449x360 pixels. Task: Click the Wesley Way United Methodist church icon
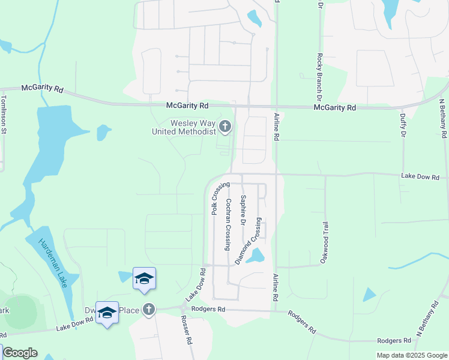(225, 126)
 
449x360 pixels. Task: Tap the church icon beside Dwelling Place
(149, 310)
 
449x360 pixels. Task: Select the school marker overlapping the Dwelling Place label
(107, 313)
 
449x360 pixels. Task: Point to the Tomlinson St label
(4, 114)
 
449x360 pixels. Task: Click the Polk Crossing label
(217, 199)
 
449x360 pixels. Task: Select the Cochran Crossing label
(228, 224)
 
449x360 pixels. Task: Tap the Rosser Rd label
(186, 331)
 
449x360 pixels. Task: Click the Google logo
(20, 353)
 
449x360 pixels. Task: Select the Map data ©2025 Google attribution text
(411, 355)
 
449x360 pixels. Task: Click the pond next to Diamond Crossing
(256, 256)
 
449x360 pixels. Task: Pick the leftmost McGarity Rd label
(42, 88)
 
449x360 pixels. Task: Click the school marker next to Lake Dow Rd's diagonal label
(144, 279)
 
